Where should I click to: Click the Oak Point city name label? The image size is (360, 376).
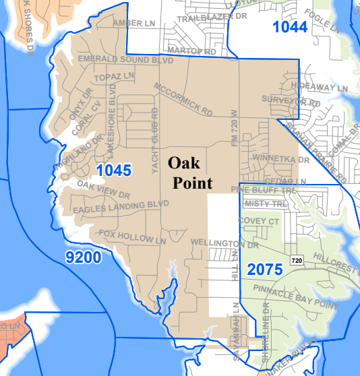pos(189,173)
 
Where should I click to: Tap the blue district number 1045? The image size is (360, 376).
pos(113,170)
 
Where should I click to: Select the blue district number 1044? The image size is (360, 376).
pos(290,27)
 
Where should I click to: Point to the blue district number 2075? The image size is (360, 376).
pos(266,269)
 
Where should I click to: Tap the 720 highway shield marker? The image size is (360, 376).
pos(297,259)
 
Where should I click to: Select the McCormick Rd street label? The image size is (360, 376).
pos(183,98)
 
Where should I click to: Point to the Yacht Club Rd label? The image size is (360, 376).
pos(154,142)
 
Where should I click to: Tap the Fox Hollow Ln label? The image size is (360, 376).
pos(132,237)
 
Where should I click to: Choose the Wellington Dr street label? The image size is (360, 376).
pos(216,243)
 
